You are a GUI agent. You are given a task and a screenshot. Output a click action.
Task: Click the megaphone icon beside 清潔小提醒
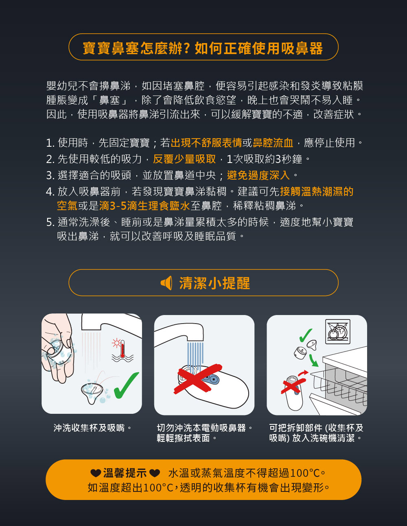166,283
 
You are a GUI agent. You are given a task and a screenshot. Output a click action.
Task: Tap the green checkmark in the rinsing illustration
126,386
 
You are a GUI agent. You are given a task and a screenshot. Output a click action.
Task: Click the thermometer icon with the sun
123,349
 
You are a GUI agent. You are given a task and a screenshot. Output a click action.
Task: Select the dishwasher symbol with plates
338,331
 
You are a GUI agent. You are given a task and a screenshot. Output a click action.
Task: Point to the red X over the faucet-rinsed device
198,379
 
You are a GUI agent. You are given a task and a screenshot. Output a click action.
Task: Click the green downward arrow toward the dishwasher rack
314,361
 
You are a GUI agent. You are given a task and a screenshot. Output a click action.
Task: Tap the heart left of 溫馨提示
96,473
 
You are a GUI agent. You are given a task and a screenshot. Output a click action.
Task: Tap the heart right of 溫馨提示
155,473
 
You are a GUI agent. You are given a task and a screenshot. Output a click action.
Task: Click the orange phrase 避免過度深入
258,175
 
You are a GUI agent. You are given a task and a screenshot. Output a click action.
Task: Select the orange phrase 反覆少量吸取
184,159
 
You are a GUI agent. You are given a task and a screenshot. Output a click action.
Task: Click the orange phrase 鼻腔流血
273,143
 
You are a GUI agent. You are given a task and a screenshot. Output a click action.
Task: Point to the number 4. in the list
50,192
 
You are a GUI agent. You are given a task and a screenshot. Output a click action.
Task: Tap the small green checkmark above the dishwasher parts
306,335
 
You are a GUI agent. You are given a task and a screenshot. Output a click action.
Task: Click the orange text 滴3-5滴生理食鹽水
144,206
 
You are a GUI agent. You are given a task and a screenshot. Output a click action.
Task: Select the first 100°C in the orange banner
305,473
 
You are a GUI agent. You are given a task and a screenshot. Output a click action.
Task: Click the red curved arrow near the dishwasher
303,373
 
